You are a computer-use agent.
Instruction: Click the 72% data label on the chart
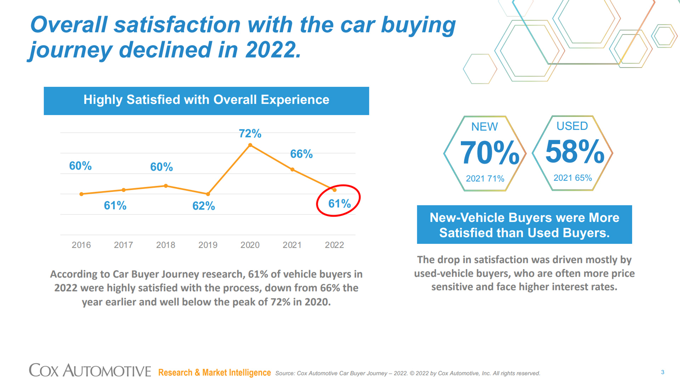point(250,133)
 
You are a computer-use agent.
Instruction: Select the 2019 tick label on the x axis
point(208,245)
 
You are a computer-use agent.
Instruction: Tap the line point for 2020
point(250,145)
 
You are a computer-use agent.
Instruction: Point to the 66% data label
point(301,154)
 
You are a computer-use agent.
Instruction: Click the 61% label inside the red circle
point(339,204)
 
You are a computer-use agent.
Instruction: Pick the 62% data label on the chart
point(204,206)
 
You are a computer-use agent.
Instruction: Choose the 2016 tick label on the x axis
point(81,245)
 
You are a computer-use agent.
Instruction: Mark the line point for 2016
point(81,194)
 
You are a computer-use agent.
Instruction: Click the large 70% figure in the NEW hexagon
point(489,153)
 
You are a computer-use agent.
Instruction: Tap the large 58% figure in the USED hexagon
point(574,152)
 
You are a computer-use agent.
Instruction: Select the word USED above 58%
point(572,126)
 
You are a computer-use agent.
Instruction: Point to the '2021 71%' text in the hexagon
point(485,178)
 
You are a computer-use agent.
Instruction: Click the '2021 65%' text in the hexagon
point(573,178)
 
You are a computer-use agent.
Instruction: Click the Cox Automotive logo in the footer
point(90,371)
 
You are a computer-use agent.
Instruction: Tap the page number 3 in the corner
point(663,372)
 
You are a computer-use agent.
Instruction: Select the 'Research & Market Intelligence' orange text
point(214,373)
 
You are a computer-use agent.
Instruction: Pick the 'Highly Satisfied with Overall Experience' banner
point(206,101)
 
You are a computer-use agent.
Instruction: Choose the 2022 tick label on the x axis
point(334,245)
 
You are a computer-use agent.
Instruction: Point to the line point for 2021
point(293,170)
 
